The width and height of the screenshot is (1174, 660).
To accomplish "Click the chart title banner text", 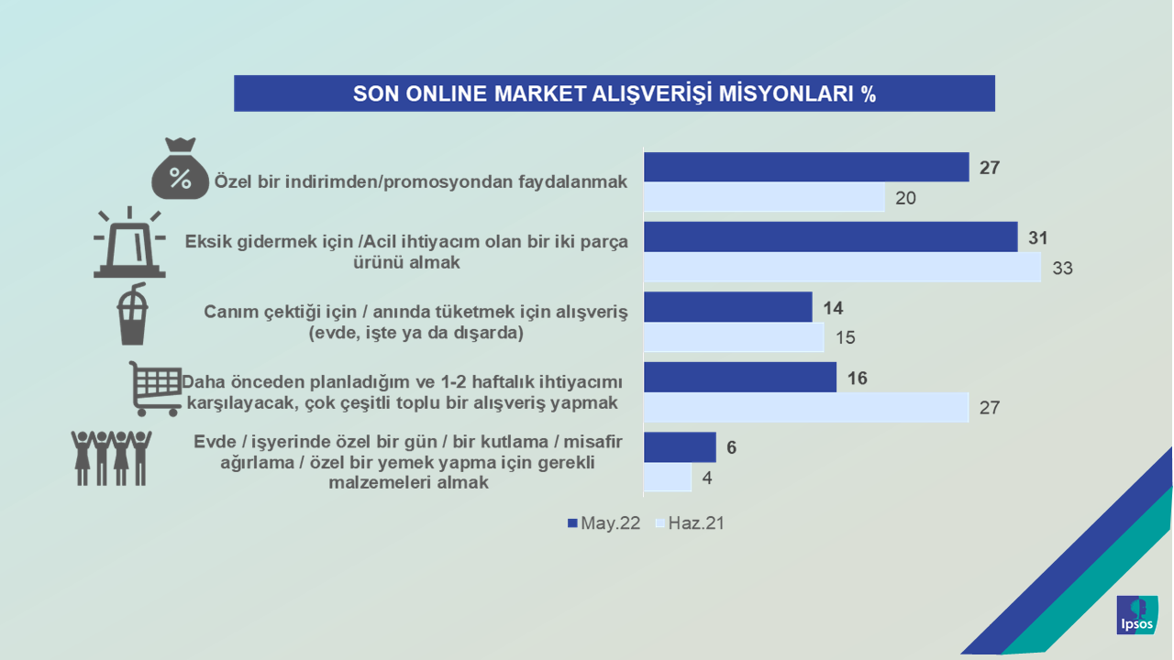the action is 615,93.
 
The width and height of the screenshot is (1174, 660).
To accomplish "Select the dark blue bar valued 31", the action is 831,236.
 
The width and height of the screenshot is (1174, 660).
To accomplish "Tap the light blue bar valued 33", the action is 842,267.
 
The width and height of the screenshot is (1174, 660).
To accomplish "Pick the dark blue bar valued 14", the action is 728,307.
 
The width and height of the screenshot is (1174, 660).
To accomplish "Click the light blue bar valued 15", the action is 734,336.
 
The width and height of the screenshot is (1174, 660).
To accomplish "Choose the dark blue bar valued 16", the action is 740,377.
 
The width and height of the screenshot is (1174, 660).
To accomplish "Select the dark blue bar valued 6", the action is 680,446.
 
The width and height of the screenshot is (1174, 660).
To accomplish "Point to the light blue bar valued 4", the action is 668,477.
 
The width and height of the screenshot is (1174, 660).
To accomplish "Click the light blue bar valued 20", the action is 764,197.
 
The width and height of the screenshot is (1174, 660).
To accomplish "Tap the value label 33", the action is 1062,269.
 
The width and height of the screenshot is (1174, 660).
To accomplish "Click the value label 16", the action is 857,378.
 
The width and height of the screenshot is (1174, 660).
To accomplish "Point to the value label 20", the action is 905,198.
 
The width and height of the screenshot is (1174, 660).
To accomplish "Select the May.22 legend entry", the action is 604,522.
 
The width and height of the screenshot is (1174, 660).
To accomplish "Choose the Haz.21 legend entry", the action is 691,522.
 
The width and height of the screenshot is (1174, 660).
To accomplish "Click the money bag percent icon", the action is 180,168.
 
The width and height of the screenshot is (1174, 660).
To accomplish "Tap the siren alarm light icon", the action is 129,242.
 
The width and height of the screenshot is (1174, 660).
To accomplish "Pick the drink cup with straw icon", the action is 132,313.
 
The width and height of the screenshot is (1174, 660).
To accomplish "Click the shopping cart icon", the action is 155,389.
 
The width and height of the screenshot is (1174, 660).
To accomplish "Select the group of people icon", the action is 111,458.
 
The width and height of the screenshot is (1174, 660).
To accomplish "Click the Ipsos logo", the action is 1136,615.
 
